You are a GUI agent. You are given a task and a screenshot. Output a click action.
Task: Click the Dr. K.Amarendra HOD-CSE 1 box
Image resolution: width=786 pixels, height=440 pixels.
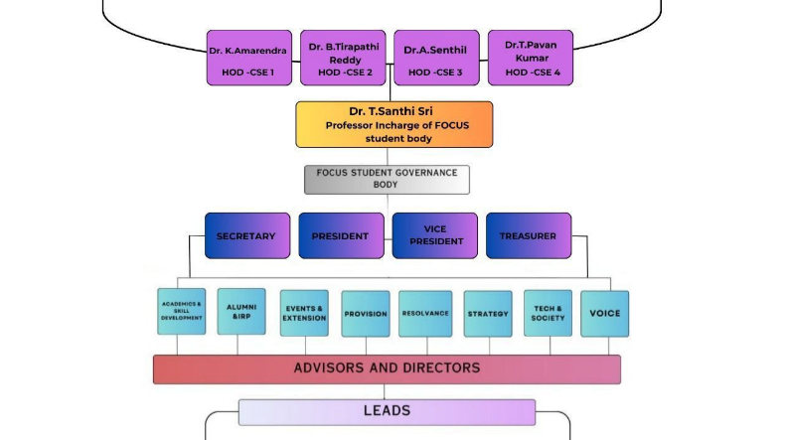248,58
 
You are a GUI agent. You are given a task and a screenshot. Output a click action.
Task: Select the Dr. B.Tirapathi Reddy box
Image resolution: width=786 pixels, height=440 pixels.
343,58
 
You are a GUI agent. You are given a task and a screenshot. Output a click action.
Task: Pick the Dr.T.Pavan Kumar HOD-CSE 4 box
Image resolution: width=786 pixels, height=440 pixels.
531,58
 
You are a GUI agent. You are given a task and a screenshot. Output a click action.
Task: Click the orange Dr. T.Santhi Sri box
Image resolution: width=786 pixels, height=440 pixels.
393,124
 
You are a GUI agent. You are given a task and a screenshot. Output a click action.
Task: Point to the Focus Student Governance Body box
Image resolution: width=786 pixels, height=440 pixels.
387,179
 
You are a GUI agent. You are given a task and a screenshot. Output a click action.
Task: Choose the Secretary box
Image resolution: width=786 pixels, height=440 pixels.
247,236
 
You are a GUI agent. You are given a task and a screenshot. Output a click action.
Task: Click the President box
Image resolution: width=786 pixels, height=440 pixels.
341,236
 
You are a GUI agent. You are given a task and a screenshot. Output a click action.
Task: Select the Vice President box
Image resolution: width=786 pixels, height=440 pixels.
435,236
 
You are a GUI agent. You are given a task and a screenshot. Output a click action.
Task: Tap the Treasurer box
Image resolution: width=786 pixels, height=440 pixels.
529,236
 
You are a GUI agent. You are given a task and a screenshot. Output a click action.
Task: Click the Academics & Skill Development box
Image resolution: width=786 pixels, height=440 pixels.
182,311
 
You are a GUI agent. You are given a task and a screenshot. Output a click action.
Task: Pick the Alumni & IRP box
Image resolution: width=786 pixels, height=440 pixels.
241,311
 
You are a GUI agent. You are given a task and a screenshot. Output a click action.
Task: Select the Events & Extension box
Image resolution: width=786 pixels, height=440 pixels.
304,313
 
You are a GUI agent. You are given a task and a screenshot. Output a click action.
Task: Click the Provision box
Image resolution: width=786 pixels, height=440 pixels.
366,314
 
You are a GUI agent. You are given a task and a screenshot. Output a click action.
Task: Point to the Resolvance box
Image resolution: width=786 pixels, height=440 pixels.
425,314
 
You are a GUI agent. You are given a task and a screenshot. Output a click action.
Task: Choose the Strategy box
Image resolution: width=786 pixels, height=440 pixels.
488,314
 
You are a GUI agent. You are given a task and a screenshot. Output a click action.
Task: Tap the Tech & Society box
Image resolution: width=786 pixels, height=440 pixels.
548,313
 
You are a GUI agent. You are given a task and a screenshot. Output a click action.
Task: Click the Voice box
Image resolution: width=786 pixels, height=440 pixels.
605,313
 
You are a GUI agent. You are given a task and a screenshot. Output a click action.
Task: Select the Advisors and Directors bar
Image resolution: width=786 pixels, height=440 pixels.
387,368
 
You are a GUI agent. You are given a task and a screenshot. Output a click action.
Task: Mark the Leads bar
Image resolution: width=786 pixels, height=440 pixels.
387,411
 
